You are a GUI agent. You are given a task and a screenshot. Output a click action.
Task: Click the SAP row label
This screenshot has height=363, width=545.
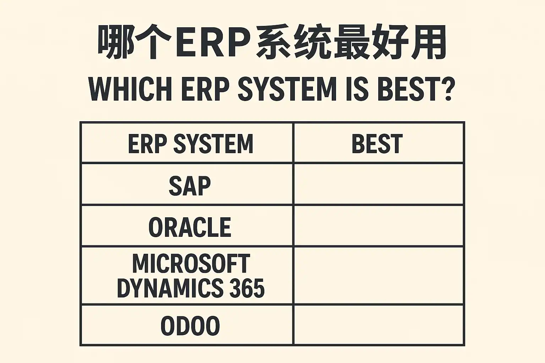[190, 186]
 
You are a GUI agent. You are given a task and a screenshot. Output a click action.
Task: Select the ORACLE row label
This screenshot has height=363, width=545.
[190, 227]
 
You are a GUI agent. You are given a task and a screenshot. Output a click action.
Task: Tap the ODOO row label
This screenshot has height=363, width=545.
[190, 326]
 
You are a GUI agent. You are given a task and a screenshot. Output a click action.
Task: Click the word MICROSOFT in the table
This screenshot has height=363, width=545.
[191, 263]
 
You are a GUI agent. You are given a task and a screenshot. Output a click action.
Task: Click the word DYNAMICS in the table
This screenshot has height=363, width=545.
[170, 288]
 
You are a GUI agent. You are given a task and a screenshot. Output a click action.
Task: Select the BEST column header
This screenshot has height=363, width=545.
[377, 144]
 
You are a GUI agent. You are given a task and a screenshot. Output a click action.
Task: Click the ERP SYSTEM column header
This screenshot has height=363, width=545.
[191, 144]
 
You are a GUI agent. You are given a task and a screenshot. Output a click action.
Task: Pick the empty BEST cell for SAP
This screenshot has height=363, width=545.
[379, 184]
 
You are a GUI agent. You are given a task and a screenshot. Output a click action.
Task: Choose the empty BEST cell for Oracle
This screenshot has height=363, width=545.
[379, 225]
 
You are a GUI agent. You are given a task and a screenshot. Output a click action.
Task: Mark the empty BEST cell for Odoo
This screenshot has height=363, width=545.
[379, 325]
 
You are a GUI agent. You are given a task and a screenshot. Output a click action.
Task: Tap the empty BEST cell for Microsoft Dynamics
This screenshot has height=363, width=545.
[379, 275]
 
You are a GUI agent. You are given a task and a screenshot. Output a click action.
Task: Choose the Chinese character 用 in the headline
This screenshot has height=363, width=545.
[429, 42]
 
